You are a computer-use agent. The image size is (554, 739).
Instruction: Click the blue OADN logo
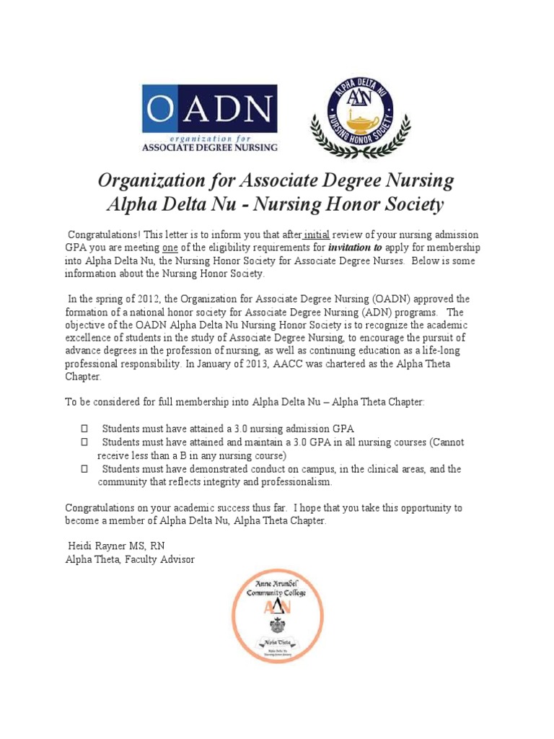click(209, 118)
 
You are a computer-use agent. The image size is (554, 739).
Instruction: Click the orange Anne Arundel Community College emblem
click(277, 616)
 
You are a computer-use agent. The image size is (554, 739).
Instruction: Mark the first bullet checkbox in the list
click(84, 429)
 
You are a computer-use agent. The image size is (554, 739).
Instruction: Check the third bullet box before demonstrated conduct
click(84, 469)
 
